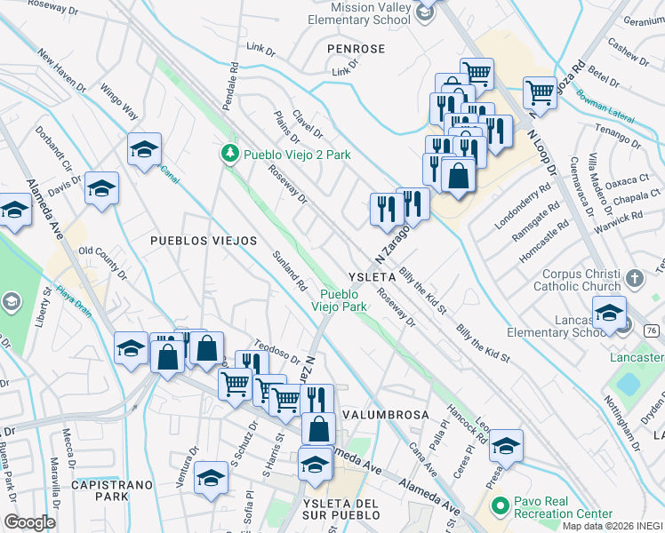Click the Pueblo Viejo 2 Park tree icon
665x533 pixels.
(x=230, y=155)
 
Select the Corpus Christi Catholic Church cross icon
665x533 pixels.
(x=634, y=278)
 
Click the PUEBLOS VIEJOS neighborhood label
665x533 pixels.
(x=203, y=241)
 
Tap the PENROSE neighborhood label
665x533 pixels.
(x=356, y=48)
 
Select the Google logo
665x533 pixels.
(x=29, y=521)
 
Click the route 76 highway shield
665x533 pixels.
(x=652, y=330)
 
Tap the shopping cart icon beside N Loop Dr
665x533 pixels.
(x=540, y=90)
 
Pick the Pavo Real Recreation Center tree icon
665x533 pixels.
(x=500, y=507)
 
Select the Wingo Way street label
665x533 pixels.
(x=119, y=99)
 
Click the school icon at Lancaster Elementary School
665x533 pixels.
(x=610, y=314)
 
